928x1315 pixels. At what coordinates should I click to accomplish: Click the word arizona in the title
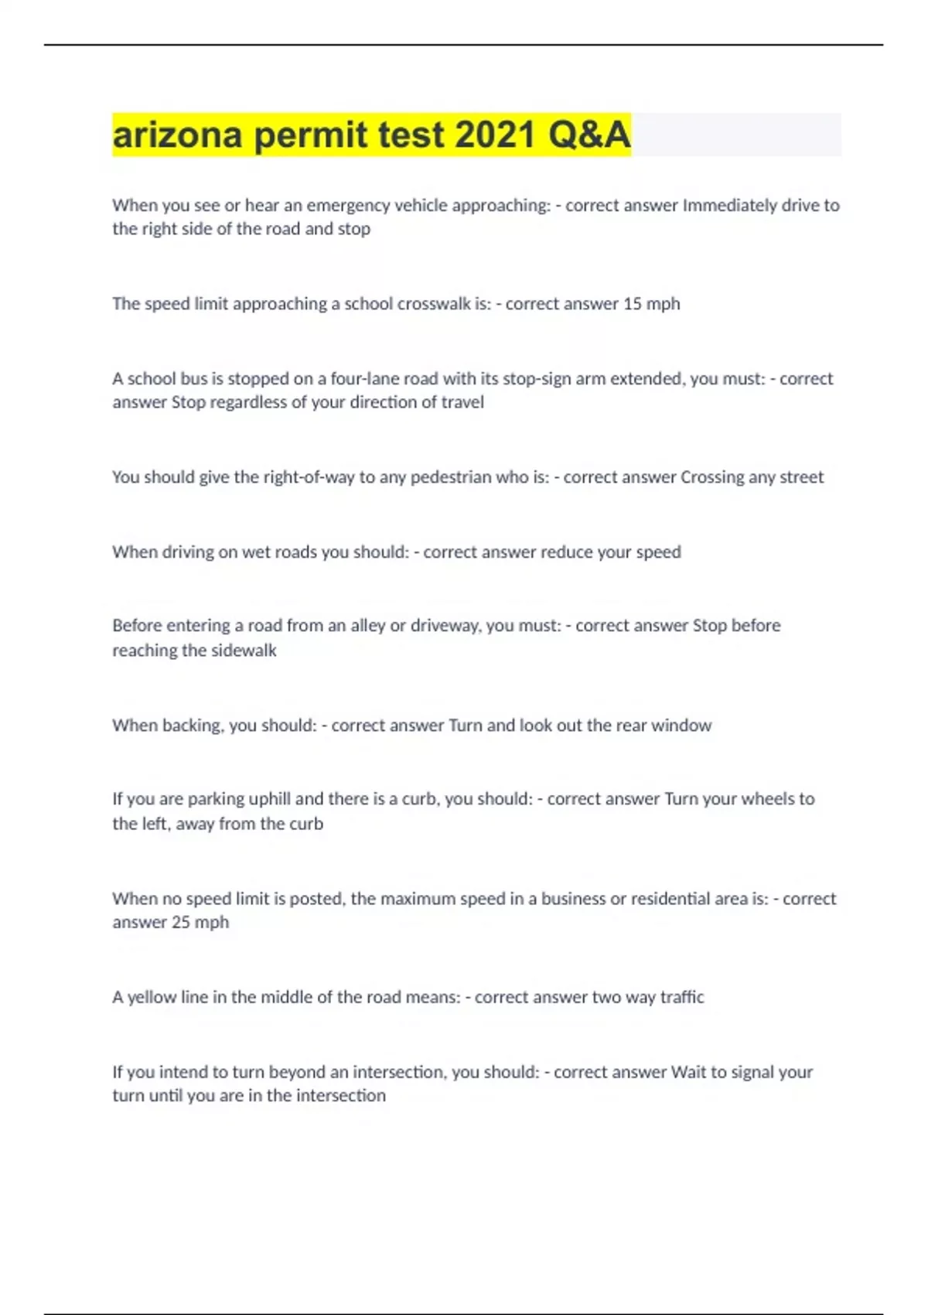[178, 135]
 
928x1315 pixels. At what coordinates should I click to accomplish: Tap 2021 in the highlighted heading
[495, 135]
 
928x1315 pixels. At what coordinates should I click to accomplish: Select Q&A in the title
[589, 135]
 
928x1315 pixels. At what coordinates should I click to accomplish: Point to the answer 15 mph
[651, 304]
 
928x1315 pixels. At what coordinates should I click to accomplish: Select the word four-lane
[362, 379]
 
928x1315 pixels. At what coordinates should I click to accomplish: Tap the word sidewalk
[243, 651]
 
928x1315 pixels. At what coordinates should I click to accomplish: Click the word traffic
[682, 998]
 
